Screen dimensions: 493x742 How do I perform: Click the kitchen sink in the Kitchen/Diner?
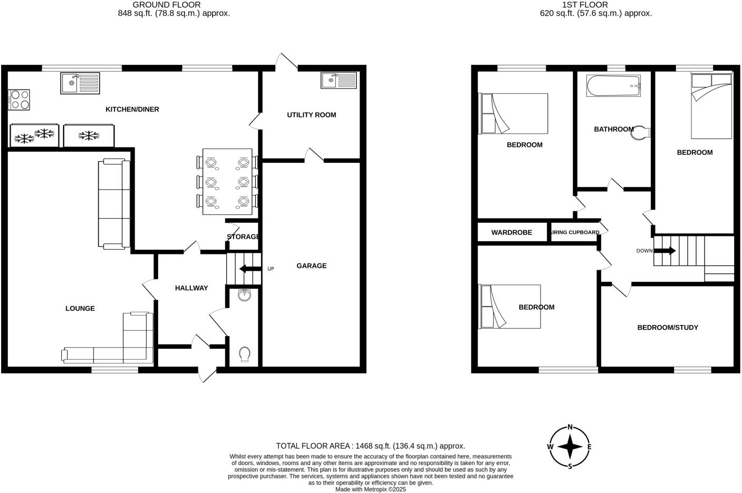80,83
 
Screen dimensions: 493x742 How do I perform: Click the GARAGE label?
311,266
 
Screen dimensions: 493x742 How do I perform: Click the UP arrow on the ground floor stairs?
250,269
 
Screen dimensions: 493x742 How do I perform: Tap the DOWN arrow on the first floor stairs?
664,251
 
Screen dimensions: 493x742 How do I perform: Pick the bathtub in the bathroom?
614,85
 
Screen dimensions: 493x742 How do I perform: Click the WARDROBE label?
512,232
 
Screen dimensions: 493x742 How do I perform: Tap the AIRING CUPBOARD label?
575,232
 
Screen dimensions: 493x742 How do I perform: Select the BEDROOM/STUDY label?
668,328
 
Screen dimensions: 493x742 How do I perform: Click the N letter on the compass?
570,427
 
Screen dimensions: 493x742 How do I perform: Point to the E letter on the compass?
589,447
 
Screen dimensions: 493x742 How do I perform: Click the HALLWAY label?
191,288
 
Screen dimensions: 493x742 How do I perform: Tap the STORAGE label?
243,237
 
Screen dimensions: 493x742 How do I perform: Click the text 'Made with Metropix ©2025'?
371,489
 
